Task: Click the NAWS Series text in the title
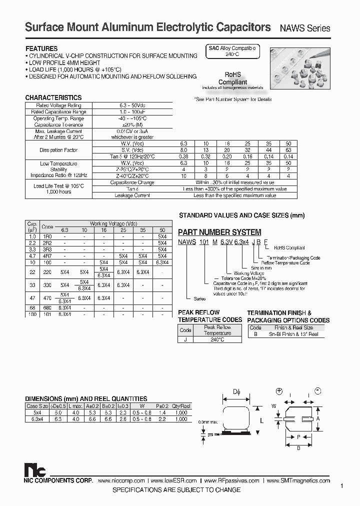pyautogui.click(x=305, y=28)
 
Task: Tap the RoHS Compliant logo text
pyautogui.click(x=233, y=79)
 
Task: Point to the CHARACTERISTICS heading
pyautogui.click(x=53, y=98)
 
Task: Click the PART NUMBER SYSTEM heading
pyautogui.click(x=219, y=232)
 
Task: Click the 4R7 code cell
pyautogui.click(x=47, y=255)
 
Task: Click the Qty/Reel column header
pyautogui.click(x=180, y=406)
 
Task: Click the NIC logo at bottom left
pyautogui.click(x=35, y=470)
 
